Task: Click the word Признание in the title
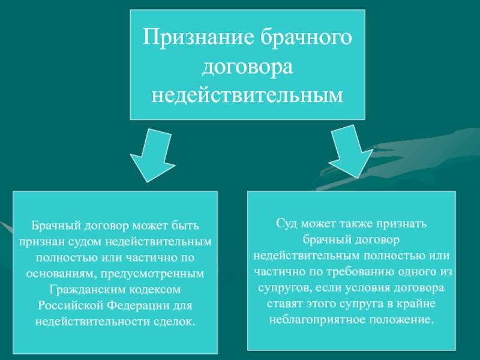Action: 199,37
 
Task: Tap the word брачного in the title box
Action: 307,37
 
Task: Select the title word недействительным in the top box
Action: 247,95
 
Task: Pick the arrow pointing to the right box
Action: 351,151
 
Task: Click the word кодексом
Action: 154,290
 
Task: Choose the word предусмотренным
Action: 152,274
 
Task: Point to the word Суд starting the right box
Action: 287,223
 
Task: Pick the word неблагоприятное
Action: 317,320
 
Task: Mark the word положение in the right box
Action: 401,320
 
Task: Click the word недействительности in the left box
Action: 92,322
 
